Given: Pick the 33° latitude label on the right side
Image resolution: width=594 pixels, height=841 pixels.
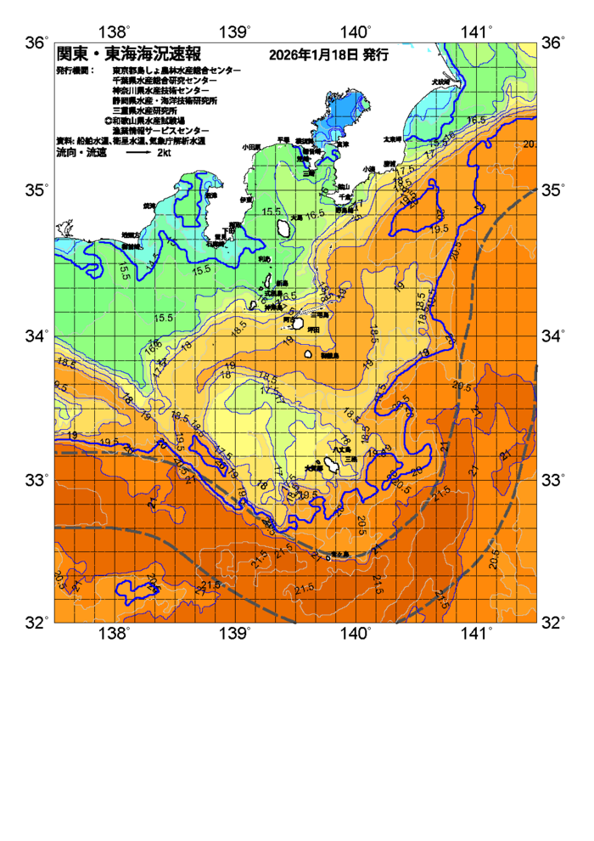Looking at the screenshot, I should click(555, 481).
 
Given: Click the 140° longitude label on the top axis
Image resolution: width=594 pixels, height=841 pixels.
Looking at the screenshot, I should click(356, 33).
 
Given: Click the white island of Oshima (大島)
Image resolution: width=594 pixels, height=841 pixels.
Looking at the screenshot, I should click(283, 228).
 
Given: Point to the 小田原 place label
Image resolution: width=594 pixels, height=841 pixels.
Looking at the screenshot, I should click(251, 147).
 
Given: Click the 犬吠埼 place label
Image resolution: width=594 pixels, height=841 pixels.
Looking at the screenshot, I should click(440, 82).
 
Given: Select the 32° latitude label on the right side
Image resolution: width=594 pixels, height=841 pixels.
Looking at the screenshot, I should click(555, 623).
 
